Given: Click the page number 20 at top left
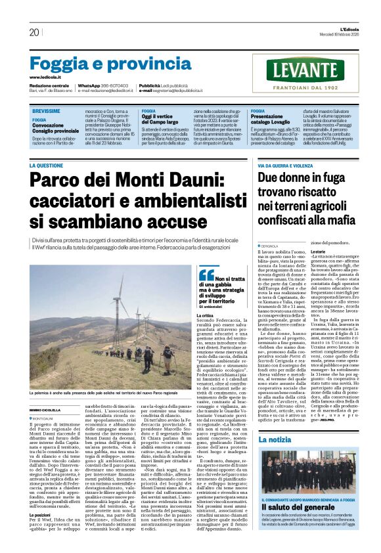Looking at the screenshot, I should [34, 32].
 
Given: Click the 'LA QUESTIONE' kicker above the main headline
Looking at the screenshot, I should [47, 166].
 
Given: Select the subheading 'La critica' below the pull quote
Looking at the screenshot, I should [204, 315].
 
